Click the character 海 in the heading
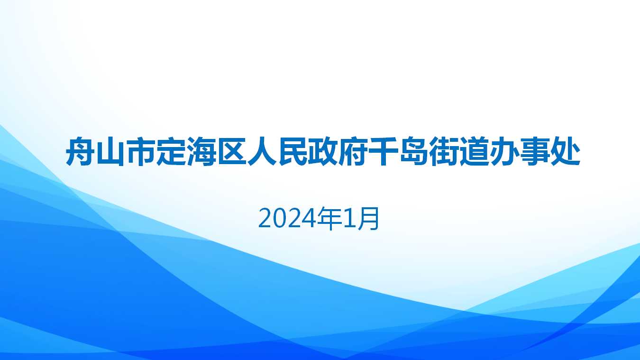click(x=201, y=152)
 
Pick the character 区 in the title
click(x=232, y=152)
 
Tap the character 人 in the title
click(x=262, y=152)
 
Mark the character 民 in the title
click(x=293, y=152)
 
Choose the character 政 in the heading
click(x=323, y=152)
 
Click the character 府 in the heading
click(x=353, y=152)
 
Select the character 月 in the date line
click(x=368, y=219)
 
